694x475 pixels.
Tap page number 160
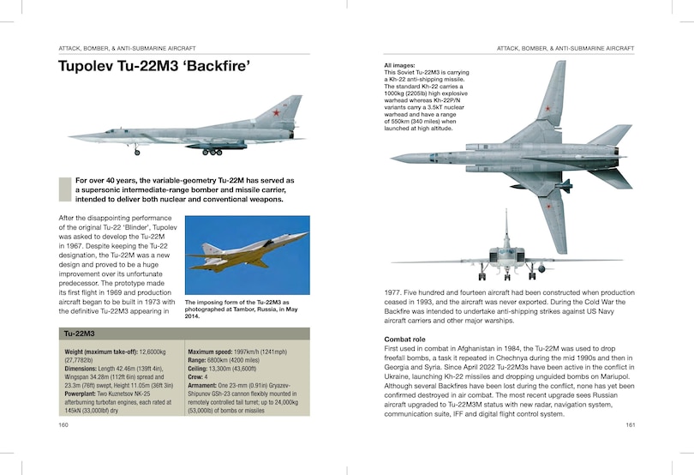point(63,424)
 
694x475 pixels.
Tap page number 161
point(630,424)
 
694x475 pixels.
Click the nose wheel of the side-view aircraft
point(136,153)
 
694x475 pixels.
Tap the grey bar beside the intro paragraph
point(63,189)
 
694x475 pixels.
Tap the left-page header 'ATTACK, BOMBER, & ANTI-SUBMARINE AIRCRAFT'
point(128,47)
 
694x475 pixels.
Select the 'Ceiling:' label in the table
point(200,368)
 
